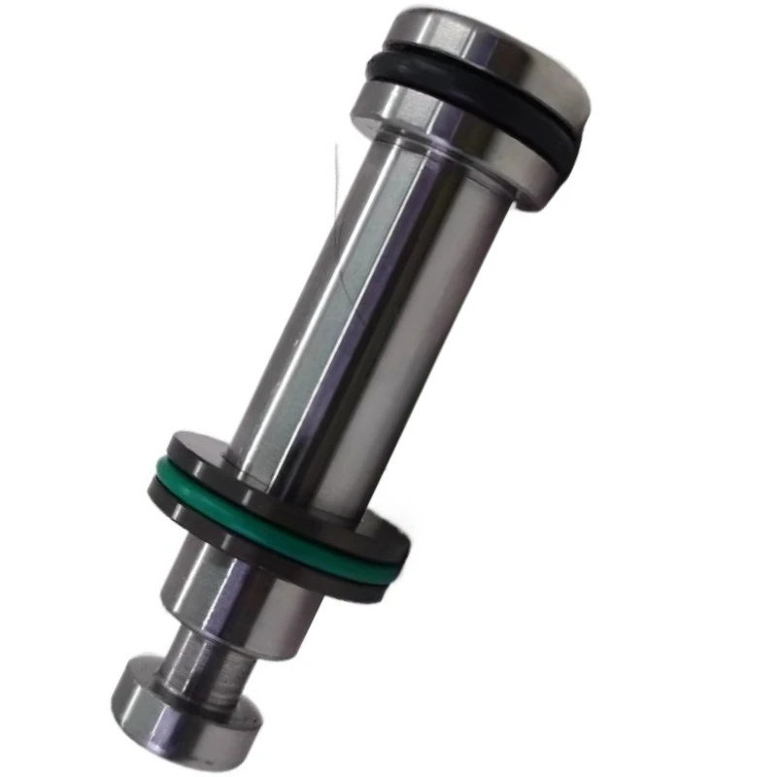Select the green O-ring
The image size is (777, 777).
tap(282, 529)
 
